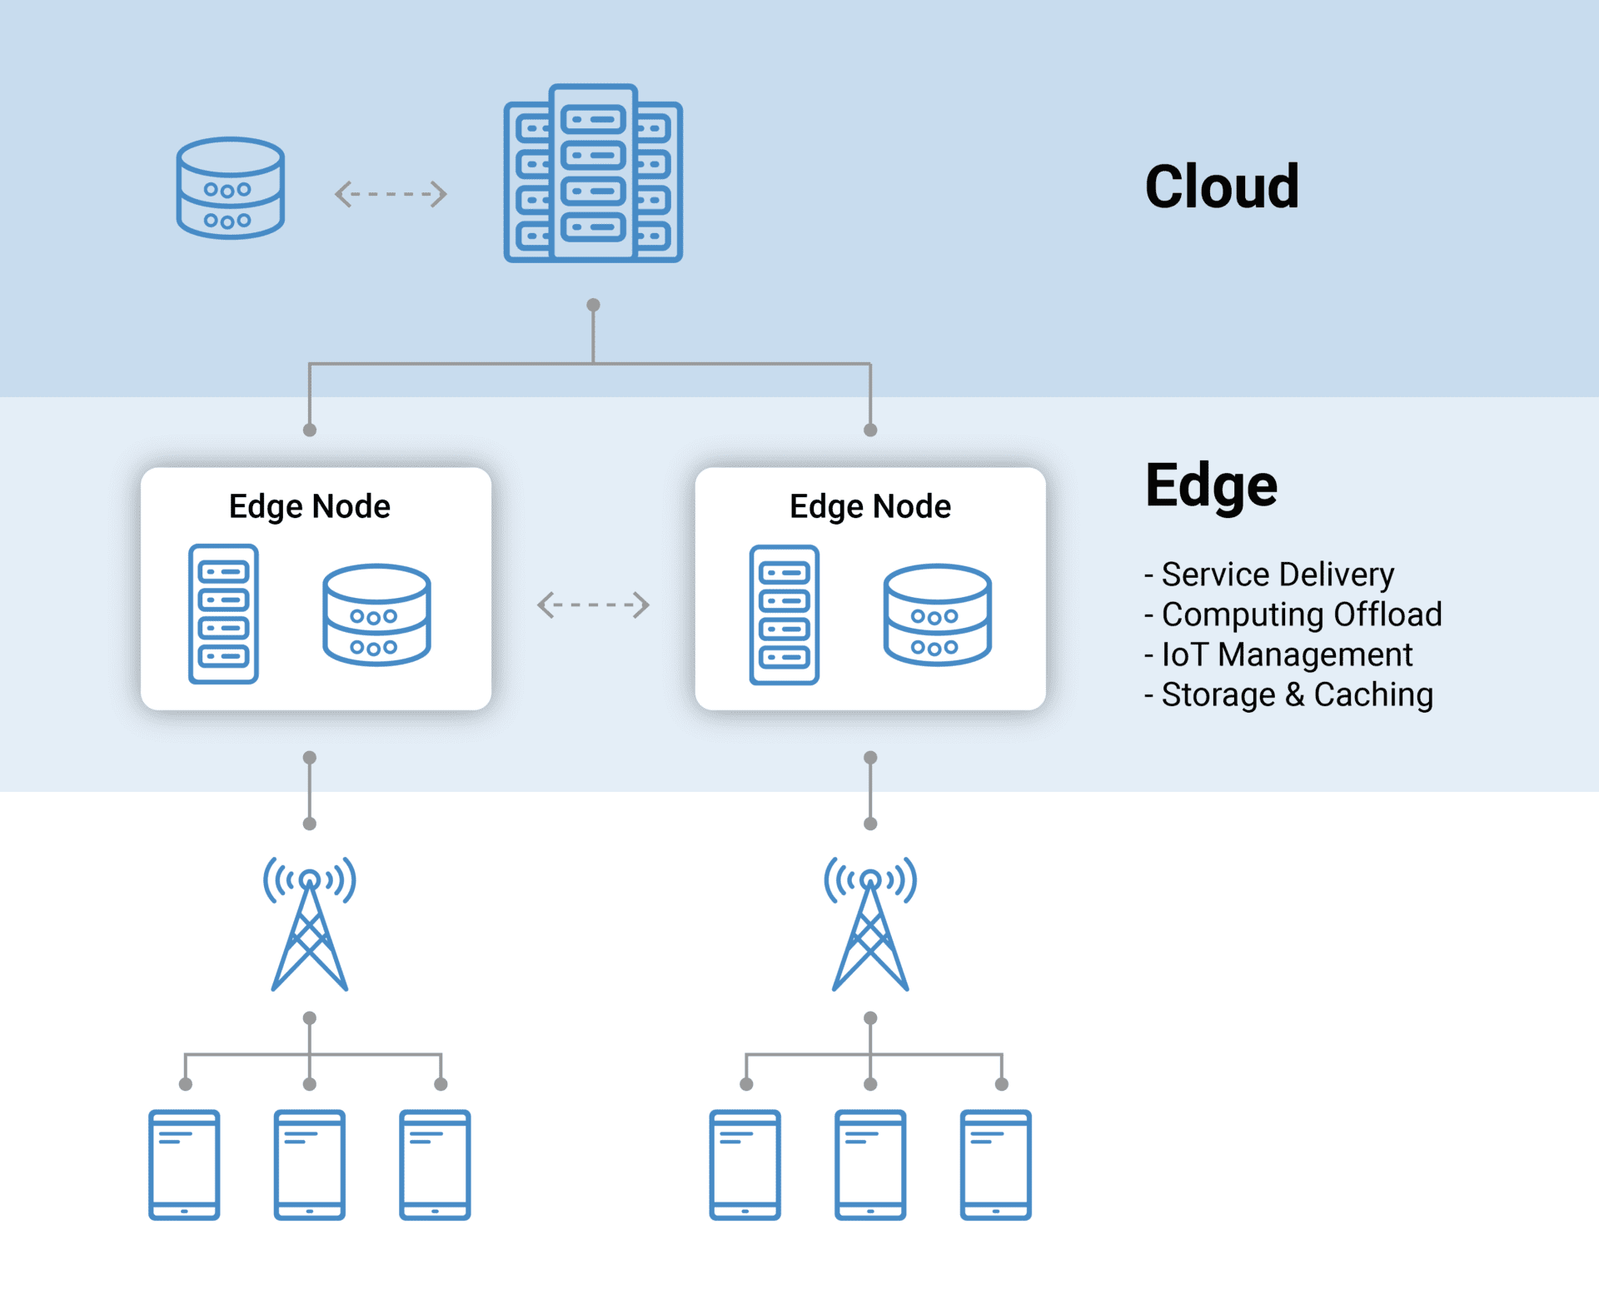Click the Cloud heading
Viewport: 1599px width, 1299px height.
1221,187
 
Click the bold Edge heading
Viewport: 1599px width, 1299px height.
1211,486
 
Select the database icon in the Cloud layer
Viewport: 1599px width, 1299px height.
231,188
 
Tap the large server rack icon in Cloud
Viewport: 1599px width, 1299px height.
593,173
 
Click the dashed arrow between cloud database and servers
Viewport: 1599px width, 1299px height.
391,194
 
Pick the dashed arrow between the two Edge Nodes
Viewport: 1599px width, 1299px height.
593,605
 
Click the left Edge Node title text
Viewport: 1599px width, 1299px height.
310,506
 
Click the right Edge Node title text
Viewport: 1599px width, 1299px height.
870,506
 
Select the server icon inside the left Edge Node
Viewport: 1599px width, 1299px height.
223,615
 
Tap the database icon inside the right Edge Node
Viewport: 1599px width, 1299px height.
937,615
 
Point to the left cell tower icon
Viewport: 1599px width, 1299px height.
310,924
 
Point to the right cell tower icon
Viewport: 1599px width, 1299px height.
870,924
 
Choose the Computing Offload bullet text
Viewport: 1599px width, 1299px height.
1301,615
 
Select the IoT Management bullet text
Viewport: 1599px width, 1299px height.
1286,654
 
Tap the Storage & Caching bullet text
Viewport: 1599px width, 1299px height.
1297,694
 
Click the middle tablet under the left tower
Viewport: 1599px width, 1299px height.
310,1164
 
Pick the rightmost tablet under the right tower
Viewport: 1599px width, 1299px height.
995,1164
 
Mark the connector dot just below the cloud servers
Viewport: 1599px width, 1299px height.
593,305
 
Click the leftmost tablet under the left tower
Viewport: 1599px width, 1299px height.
184,1164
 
